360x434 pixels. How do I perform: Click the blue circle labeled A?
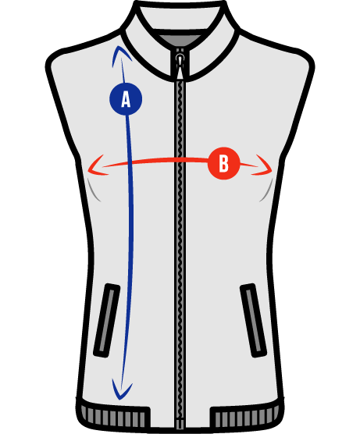click(126, 99)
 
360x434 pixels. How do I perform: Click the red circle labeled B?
click(223, 163)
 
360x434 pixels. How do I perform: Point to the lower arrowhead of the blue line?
click(122, 390)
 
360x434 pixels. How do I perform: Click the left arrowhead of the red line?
click(97, 165)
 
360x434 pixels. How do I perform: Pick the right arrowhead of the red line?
click(263, 165)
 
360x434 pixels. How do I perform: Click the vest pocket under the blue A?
click(107, 320)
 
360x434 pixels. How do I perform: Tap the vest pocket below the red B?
click(253, 320)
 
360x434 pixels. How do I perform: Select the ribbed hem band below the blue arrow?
click(113, 418)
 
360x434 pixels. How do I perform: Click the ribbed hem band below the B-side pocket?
click(247, 418)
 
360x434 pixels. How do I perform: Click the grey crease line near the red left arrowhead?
click(94, 190)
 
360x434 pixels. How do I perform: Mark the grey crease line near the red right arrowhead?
click(266, 190)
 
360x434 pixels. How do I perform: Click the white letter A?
click(126, 99)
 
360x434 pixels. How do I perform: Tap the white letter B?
click(223, 164)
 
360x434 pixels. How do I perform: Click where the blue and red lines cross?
click(130, 162)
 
